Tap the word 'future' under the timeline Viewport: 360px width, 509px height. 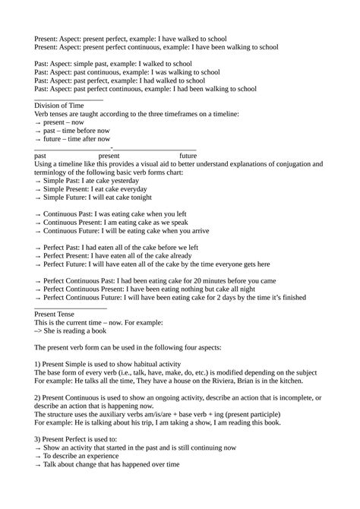(x=188, y=155)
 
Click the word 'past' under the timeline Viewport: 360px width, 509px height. (x=42, y=155)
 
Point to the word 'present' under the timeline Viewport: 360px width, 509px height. (x=114, y=155)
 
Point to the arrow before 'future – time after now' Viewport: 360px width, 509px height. (x=38, y=139)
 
